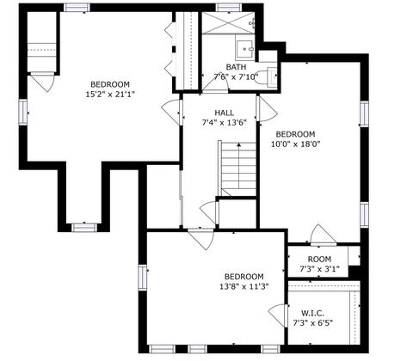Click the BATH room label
[236, 67]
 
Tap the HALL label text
[225, 113]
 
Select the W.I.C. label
[312, 313]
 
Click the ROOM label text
[319, 260]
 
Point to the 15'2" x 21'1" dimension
[110, 95]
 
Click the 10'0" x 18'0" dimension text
[295, 144]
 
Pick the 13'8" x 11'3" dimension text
[244, 286]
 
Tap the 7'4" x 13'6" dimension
[225, 123]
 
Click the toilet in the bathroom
[266, 76]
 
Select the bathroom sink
[245, 49]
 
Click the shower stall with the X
[228, 23]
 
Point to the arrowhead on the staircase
[238, 144]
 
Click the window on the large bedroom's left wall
[23, 112]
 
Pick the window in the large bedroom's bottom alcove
[84, 227]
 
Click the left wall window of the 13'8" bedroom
[143, 278]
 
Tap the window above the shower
[229, 8]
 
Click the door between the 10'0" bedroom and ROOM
[324, 236]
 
